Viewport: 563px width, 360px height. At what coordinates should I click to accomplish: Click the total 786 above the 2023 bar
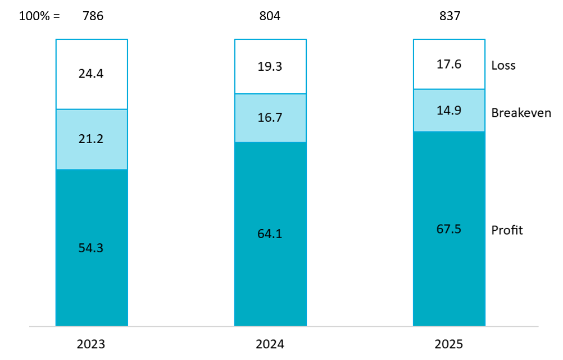[92, 16]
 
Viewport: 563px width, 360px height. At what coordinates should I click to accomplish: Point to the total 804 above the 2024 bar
[270, 16]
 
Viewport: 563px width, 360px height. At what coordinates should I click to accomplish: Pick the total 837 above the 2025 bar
[450, 16]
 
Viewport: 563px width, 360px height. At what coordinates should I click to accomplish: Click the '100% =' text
[39, 16]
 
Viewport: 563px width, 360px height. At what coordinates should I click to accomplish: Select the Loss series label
[503, 65]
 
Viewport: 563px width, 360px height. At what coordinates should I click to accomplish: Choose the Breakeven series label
[521, 113]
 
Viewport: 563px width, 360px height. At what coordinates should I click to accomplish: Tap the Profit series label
[507, 230]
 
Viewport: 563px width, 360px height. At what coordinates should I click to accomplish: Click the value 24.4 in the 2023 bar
[92, 74]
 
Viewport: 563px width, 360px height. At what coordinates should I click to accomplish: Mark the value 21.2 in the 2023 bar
[92, 139]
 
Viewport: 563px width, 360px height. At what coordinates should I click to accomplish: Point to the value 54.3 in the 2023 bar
[92, 248]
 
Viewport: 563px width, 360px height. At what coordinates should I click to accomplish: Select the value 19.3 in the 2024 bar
[270, 66]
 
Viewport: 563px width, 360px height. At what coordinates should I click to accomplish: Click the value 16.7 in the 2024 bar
[270, 118]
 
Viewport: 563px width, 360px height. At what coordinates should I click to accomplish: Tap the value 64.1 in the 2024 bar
[270, 234]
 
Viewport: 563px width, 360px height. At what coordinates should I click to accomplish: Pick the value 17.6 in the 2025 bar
[450, 64]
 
